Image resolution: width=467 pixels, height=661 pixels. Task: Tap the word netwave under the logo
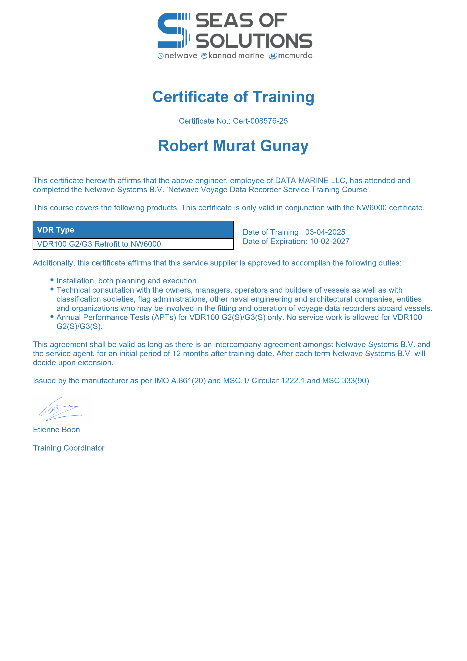pyautogui.click(x=181, y=56)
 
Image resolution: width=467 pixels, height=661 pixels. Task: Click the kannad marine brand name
pyautogui.click(x=236, y=56)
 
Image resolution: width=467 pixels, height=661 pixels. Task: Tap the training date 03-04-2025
pyautogui.click(x=325, y=232)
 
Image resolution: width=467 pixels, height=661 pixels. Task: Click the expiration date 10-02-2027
pyautogui.click(x=330, y=241)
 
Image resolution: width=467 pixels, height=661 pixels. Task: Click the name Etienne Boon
pyautogui.click(x=56, y=430)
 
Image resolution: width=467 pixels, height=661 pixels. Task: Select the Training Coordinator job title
pyautogui.click(x=69, y=448)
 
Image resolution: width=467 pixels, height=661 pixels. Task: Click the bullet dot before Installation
pyautogui.click(x=52, y=280)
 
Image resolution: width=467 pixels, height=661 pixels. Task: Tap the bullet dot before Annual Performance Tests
pyautogui.click(x=52, y=316)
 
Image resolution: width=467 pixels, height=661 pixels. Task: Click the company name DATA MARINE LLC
pyautogui.click(x=310, y=181)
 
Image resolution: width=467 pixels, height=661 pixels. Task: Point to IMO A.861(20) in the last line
pyautogui.click(x=180, y=381)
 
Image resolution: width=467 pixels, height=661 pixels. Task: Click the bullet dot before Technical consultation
pyautogui.click(x=52, y=289)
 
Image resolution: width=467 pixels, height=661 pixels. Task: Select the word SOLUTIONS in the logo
pyautogui.click(x=254, y=41)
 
